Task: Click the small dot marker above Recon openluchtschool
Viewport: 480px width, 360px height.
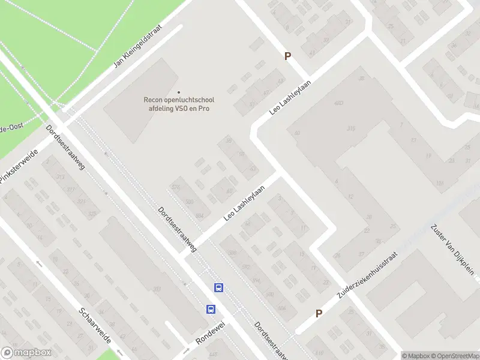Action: (x=178, y=92)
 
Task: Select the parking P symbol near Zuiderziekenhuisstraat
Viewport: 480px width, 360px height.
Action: (x=319, y=313)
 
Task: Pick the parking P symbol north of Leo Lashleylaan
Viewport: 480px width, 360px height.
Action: (x=287, y=56)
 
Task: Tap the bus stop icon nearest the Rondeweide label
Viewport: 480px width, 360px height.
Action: (x=211, y=309)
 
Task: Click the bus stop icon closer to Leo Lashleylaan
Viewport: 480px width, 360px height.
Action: (x=218, y=288)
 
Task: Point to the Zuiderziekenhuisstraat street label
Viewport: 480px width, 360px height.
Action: (x=367, y=275)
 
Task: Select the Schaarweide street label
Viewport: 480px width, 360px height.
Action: (x=95, y=326)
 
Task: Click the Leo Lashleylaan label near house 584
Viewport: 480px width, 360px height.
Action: (x=244, y=203)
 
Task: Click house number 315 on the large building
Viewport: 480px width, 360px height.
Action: (x=351, y=128)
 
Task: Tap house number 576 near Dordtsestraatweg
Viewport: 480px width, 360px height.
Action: (x=176, y=188)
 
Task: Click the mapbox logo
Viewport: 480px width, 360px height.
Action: (x=25, y=353)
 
